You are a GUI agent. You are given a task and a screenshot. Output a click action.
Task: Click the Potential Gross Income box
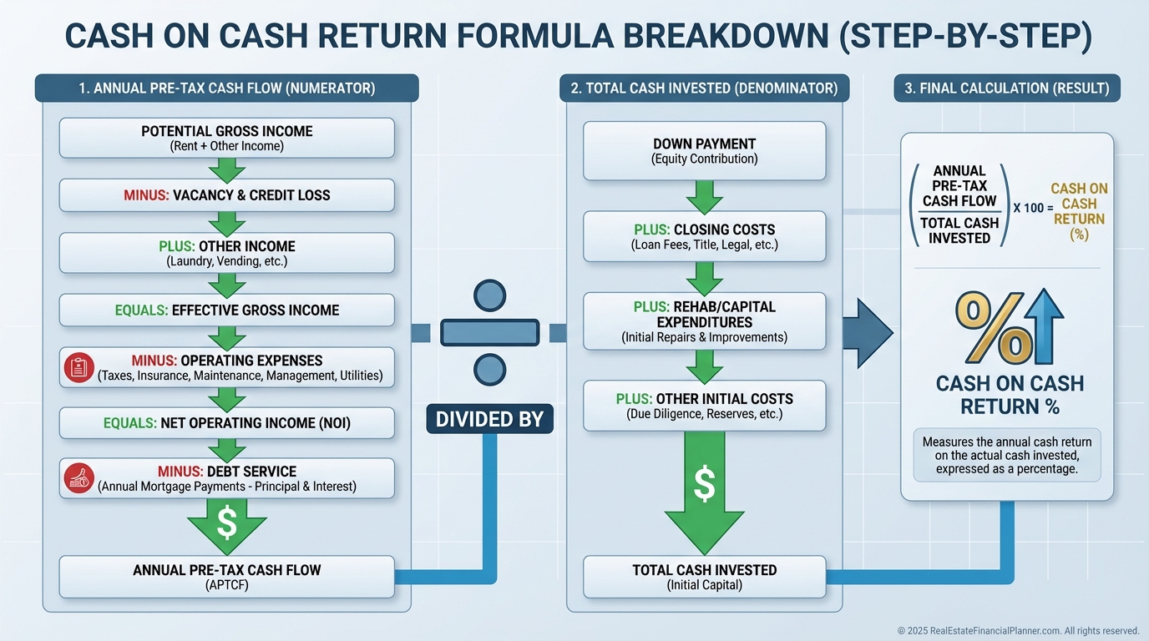click(226, 138)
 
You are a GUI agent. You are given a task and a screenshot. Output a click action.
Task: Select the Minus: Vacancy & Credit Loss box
click(226, 195)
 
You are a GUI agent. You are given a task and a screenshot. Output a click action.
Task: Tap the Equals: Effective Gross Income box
click(226, 310)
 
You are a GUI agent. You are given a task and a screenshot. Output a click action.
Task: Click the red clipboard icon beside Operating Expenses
click(78, 367)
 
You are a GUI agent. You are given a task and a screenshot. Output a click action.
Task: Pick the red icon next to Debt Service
click(78, 478)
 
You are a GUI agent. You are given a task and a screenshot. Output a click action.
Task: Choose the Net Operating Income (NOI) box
click(226, 423)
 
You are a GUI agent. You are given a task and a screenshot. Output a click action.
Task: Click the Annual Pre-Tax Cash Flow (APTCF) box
click(226, 578)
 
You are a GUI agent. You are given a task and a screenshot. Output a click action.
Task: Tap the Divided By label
click(489, 419)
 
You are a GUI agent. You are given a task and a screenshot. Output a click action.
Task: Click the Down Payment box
click(704, 151)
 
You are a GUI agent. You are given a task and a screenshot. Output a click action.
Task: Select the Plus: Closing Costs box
click(704, 236)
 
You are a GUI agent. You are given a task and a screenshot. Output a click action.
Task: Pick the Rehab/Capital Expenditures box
click(704, 321)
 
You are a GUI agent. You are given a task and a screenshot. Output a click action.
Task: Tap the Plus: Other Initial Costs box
click(704, 406)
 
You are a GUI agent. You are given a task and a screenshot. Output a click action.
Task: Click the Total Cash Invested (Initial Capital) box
click(704, 578)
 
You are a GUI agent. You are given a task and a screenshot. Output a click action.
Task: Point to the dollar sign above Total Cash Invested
click(704, 484)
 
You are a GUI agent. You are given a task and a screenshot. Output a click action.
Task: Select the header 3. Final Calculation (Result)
click(1007, 88)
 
